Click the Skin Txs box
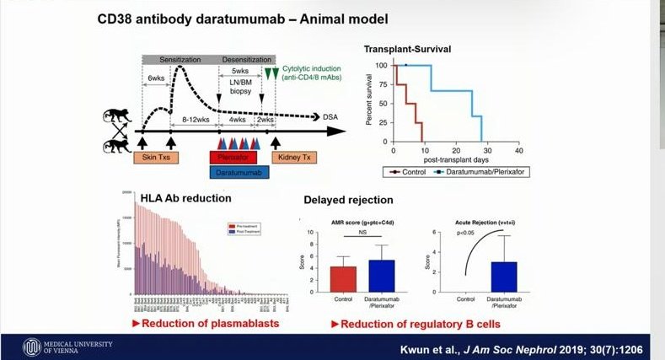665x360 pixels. pos(157,157)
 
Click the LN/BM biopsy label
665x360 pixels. pos(240,84)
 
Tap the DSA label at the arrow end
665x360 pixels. pos(331,117)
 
